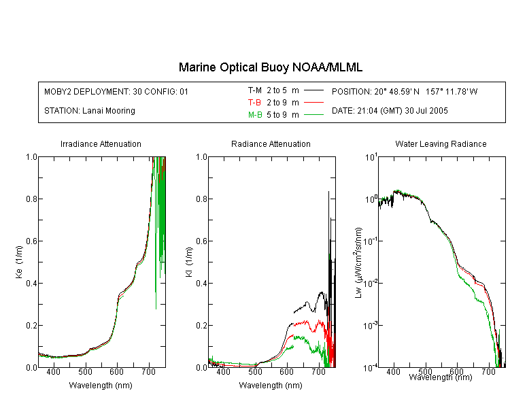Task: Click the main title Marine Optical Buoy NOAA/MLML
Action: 270,67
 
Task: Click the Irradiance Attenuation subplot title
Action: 101,143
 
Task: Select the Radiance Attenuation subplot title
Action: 271,143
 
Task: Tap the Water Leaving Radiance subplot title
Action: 441,143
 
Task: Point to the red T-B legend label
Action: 254,103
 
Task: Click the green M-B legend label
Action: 255,115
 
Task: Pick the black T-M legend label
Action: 255,90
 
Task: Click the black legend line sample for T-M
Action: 313,90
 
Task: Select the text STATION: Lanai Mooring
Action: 90,111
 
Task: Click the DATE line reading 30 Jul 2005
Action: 390,111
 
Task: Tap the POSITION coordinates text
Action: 405,91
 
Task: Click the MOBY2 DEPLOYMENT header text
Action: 116,91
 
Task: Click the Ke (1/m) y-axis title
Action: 19,262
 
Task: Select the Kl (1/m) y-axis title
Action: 189,262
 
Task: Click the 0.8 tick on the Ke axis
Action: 31,199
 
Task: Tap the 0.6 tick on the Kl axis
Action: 202,241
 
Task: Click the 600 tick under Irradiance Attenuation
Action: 117,371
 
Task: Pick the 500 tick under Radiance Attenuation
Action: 255,371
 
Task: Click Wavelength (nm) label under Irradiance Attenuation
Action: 101,386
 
